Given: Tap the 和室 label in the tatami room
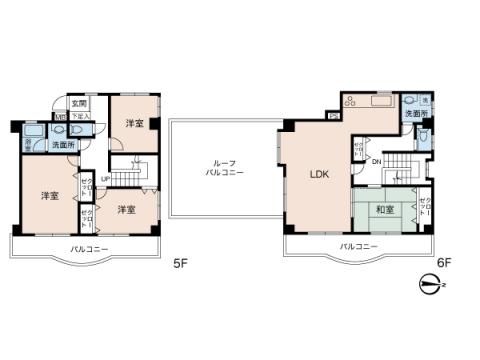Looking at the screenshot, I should (x=383, y=210).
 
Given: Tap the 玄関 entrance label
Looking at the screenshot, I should (x=79, y=103).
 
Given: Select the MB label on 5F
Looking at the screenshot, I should (x=60, y=117).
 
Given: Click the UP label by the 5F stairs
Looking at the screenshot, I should (x=106, y=179).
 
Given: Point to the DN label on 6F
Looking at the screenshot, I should (x=377, y=162).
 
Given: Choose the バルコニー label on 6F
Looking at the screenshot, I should (x=358, y=246).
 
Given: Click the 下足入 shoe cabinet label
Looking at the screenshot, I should (x=81, y=117).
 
